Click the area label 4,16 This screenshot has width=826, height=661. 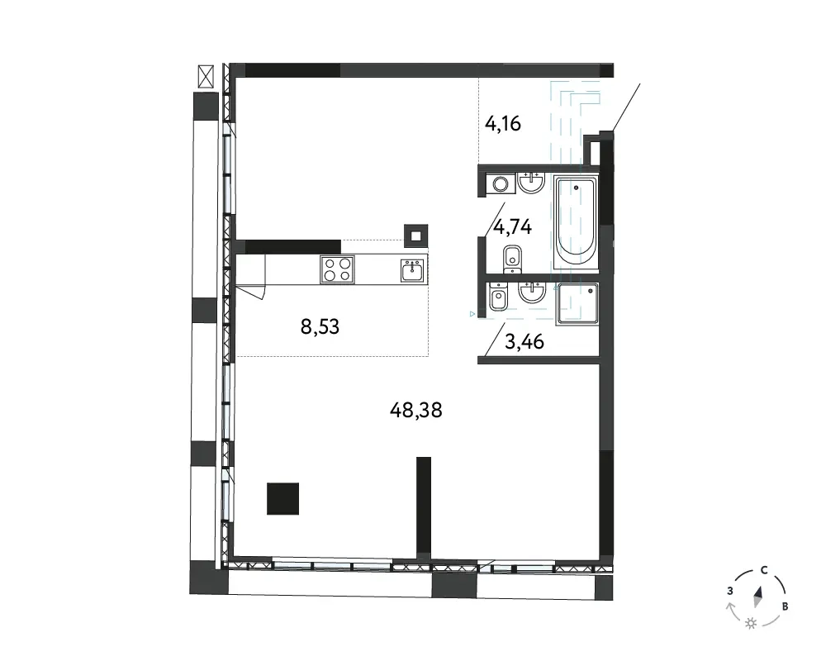coord(502,124)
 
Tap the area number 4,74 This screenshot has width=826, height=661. coord(513,227)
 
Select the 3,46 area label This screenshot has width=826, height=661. coord(525,341)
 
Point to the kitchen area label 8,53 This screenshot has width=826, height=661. coord(320,327)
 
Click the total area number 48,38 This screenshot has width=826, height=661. coord(415,410)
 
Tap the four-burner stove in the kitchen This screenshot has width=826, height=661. coord(337,269)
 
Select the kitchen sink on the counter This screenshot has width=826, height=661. coord(413,270)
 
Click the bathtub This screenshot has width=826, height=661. coord(576,224)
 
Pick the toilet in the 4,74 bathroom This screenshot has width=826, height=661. coord(512,259)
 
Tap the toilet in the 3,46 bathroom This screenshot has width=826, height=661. coord(498,297)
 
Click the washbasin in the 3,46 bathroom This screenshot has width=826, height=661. coord(532,292)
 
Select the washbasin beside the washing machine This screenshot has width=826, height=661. coord(531,183)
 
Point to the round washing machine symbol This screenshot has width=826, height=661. coord(501,184)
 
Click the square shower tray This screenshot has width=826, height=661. coord(578,303)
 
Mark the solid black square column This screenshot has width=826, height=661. coord(282,499)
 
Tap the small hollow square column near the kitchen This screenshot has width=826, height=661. coord(415,236)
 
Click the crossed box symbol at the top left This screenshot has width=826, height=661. coord(206,77)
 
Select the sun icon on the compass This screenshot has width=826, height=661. coord(751,624)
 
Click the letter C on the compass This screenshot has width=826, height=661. coord(763,570)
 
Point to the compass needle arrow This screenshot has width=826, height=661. coord(758,597)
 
